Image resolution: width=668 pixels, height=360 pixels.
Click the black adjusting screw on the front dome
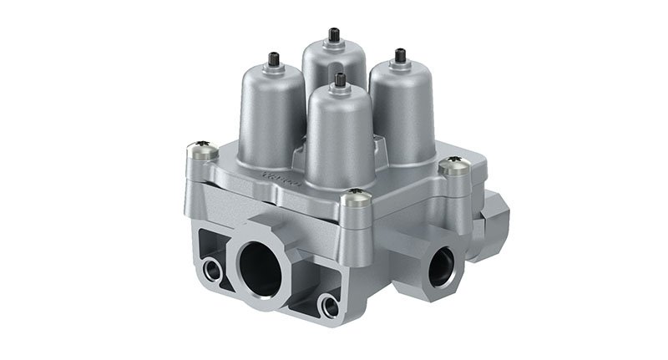coord(340,81)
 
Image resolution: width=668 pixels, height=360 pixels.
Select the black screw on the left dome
coord(276,59)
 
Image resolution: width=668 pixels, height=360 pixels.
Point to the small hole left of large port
coord(207,269)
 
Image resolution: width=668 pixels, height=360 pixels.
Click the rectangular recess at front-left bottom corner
coord(214,242)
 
